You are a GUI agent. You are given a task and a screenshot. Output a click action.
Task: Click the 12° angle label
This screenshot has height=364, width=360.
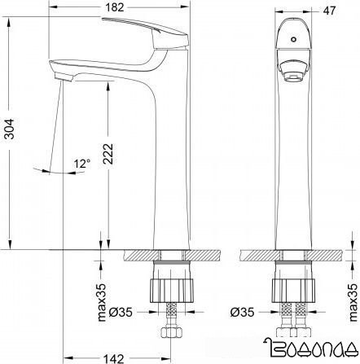(81, 164)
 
